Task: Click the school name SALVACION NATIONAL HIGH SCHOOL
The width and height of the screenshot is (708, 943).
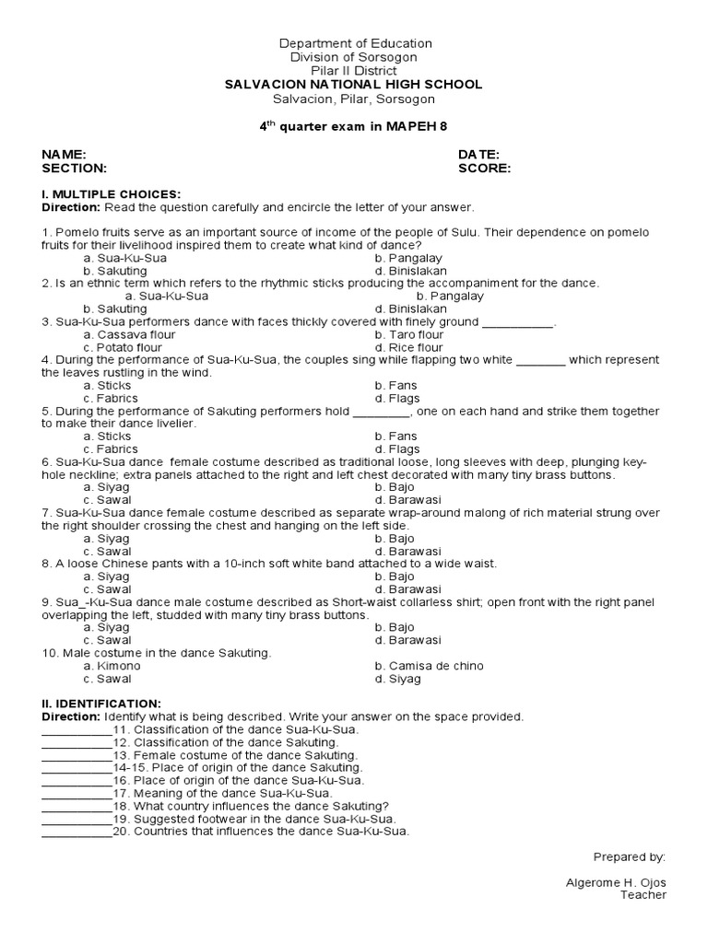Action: click(x=354, y=84)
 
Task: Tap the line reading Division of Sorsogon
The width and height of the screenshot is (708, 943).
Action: click(x=354, y=57)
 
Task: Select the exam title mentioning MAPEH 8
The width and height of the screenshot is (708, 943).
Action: click(x=354, y=126)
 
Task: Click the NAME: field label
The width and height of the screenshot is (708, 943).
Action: click(x=64, y=155)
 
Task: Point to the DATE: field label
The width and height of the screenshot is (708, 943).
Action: click(x=478, y=155)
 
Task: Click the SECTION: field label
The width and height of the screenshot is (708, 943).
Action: click(x=74, y=169)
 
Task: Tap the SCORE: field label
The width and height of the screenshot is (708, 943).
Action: click(x=484, y=169)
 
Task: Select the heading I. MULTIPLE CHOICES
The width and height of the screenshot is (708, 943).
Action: click(x=111, y=194)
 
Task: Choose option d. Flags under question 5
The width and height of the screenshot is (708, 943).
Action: click(x=397, y=449)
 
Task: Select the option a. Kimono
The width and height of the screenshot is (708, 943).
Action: click(x=107, y=666)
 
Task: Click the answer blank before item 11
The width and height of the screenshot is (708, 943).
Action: click(x=77, y=729)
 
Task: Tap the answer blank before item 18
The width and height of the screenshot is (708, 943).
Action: click(x=77, y=806)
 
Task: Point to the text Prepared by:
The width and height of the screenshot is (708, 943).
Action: click(x=629, y=856)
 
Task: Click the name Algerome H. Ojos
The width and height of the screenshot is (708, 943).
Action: click(x=615, y=882)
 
